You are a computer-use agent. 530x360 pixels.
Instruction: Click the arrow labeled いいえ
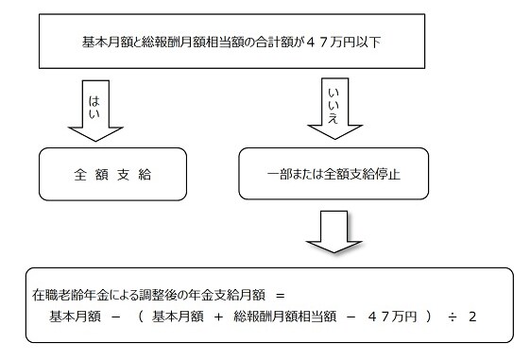coord(333,111)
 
